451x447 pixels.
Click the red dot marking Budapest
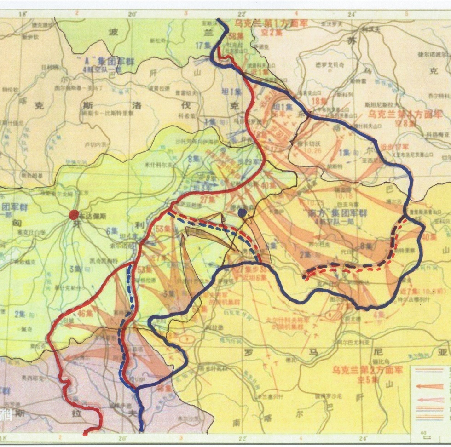click(73, 214)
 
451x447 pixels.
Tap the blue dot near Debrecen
click(242, 212)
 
